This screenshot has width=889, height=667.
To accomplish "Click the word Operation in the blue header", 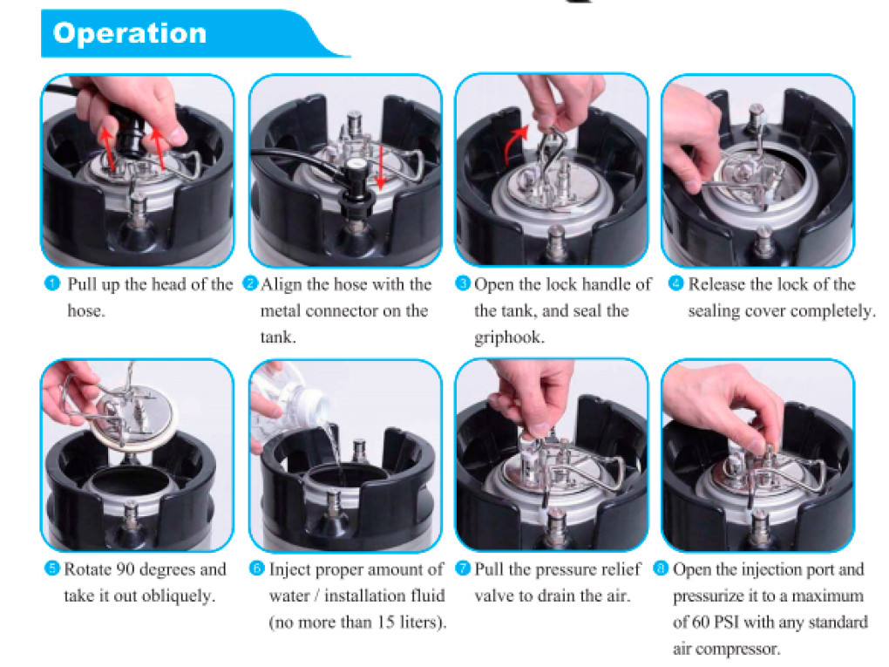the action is pos(130,33).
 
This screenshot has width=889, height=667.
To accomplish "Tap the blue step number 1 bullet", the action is pos(52,283).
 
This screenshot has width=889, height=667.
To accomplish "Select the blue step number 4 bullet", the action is pos(675,283).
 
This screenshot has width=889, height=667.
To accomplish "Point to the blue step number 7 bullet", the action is pos(463,568).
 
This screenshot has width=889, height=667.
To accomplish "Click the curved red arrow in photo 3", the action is pos(512,143).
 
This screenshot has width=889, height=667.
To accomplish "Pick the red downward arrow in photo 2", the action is pos(381,167).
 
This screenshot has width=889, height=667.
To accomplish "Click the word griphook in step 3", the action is pos(509,337).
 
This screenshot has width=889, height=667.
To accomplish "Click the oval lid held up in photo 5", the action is pos(133,417).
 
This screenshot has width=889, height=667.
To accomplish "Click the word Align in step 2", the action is pos(282,284).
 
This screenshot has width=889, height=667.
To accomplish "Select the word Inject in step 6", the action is pos(288,569).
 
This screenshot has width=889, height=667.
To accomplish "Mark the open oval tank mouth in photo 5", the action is pos(130,486).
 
